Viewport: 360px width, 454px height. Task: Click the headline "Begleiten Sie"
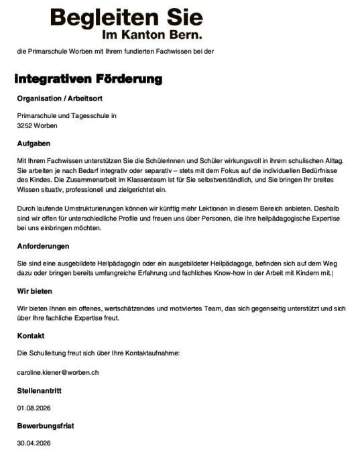coord(126,17)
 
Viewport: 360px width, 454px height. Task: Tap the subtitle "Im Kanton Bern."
coord(152,34)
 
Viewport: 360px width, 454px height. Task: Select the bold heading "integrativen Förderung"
coord(88,80)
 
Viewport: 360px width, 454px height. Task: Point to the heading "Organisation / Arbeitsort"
coord(56,99)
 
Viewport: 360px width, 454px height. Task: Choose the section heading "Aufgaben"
coord(34,143)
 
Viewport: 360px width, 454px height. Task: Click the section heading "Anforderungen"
coord(44,246)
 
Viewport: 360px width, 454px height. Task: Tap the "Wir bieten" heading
coord(35,291)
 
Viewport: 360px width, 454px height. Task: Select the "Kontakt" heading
coord(30,335)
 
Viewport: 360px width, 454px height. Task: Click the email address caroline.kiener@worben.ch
coord(58,371)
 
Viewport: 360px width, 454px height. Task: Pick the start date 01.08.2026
coord(34,407)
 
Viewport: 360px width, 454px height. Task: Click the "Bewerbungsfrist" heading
coord(46,425)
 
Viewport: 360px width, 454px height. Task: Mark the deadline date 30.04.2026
coord(34,443)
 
